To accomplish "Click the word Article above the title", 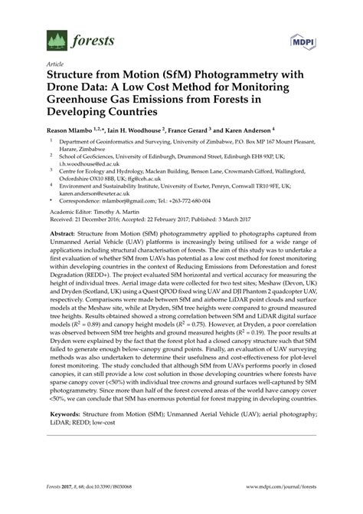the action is click(56, 64).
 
